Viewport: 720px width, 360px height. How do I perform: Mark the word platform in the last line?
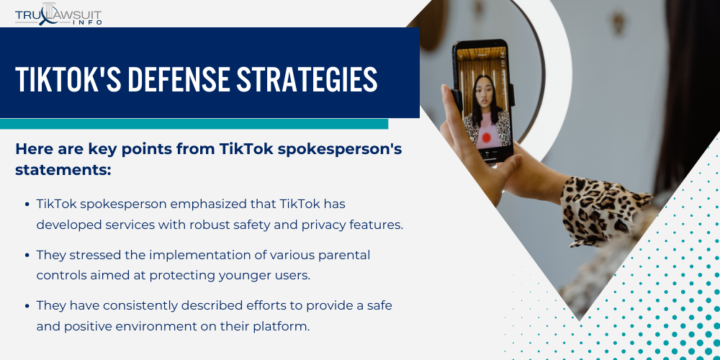point(283,325)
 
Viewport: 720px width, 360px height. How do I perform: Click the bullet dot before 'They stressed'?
point(27,256)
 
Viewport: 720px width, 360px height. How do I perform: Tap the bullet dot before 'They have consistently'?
point(27,306)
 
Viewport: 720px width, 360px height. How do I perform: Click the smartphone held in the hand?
point(483,101)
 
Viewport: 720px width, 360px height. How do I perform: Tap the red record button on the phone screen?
point(486,136)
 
